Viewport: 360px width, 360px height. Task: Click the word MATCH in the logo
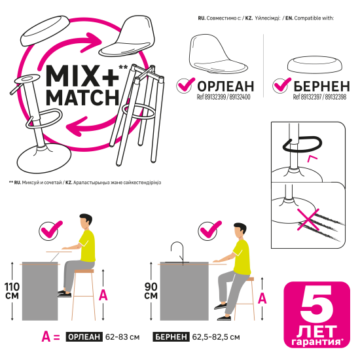click(82, 98)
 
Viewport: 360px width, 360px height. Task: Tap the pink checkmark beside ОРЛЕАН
click(186, 84)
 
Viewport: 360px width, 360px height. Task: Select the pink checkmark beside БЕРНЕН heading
click(282, 84)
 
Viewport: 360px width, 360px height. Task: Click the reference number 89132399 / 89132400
click(223, 97)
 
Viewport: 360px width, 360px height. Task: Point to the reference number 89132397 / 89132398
click(319, 97)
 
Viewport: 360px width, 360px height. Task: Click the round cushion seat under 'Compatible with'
click(315, 65)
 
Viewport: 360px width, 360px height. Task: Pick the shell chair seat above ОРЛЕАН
click(217, 54)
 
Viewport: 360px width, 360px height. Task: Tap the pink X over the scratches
click(308, 219)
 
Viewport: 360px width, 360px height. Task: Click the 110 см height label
click(12, 291)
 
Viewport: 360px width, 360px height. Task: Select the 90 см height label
click(151, 291)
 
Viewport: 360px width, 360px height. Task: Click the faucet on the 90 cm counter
click(177, 253)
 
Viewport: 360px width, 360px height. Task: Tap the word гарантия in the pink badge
click(317, 342)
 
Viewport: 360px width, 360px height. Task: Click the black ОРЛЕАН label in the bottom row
click(84, 337)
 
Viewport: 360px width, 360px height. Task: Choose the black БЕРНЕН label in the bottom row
click(171, 337)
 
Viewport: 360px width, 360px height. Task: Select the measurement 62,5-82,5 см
click(216, 337)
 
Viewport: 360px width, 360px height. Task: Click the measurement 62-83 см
click(122, 337)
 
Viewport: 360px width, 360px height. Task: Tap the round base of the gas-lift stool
click(45, 159)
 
